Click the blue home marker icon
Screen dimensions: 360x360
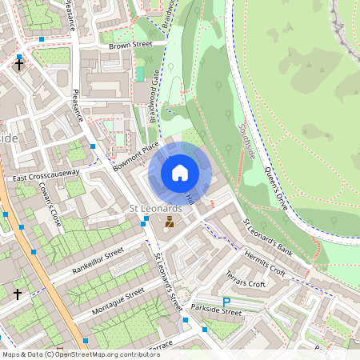coord(180,172)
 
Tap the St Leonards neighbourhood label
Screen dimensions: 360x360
coord(156,208)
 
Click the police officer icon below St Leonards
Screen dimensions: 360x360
coord(170,224)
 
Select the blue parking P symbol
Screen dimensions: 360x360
coord(226,302)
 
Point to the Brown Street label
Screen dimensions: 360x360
coord(130,46)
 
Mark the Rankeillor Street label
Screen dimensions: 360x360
coord(98,259)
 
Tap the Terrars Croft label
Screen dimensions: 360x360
coord(245,278)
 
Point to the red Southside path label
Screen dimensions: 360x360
coord(250,140)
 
